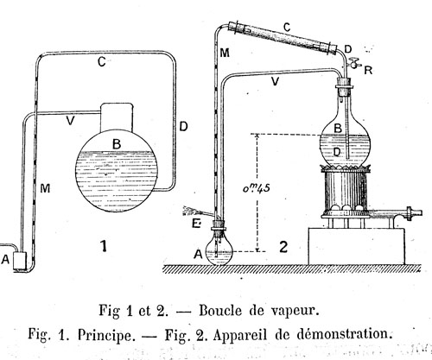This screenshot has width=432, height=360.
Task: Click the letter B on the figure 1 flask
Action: point(117,143)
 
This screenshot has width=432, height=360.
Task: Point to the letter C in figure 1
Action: point(101,62)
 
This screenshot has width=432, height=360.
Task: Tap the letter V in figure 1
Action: point(70,121)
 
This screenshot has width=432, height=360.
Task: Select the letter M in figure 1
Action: point(45,188)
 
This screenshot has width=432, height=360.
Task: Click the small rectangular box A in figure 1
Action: point(20,261)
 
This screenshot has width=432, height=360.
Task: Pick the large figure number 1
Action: point(104,246)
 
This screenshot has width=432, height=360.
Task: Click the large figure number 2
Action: point(283,247)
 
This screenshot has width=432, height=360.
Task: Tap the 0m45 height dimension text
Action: point(256,188)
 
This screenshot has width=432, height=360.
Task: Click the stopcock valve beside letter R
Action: point(353,63)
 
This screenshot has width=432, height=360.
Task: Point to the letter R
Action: point(368,70)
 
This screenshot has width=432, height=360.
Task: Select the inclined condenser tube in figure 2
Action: point(283,38)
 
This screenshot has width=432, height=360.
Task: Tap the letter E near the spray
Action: point(196,224)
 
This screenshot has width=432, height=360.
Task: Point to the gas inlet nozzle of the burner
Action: point(414,213)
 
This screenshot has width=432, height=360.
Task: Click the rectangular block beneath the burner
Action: point(357,246)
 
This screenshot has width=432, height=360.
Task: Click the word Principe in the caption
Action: point(106,335)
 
